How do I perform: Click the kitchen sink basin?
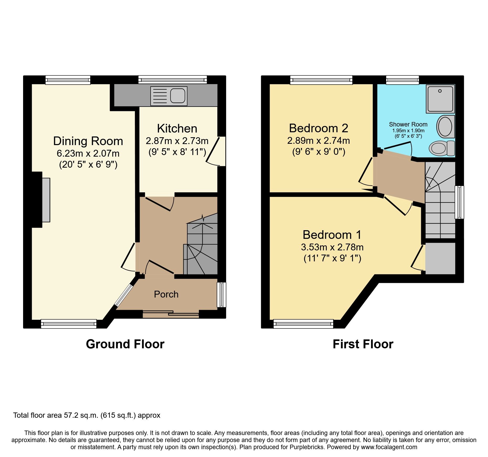click(x=178, y=96)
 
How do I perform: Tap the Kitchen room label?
click(x=177, y=129)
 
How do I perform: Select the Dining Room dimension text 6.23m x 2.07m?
click(x=88, y=153)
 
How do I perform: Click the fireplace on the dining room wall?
click(x=46, y=200)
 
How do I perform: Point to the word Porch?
click(x=166, y=294)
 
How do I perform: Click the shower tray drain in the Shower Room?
click(x=440, y=91)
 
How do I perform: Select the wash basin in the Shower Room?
click(x=445, y=126)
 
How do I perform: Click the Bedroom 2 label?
click(x=319, y=128)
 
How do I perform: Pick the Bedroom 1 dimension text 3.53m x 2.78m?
click(x=332, y=247)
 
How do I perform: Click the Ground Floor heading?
click(x=125, y=344)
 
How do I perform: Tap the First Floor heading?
click(x=363, y=344)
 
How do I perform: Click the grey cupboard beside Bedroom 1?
click(x=440, y=258)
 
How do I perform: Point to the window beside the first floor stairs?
click(x=459, y=202)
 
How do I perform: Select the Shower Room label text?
click(x=408, y=124)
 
